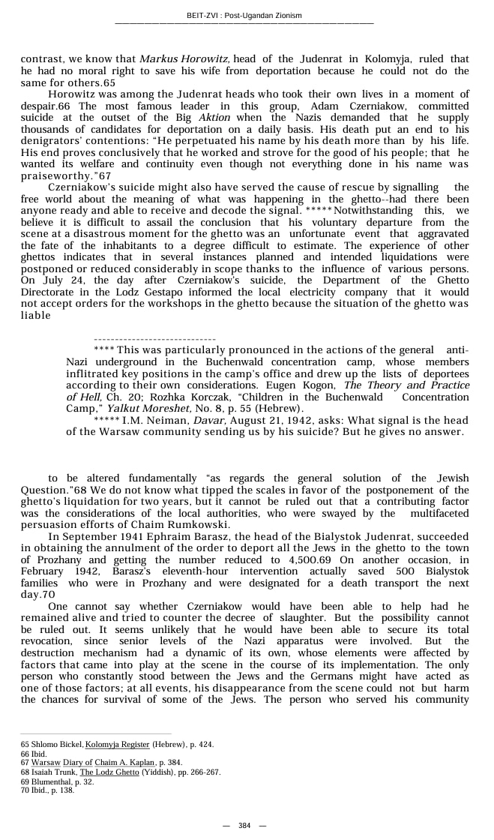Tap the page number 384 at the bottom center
pyautogui.click(x=244, y=826)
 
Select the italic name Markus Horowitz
pyautogui.click(x=184, y=58)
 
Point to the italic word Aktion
pyautogui.click(x=214, y=118)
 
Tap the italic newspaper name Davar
pyautogui.click(x=232, y=420)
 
